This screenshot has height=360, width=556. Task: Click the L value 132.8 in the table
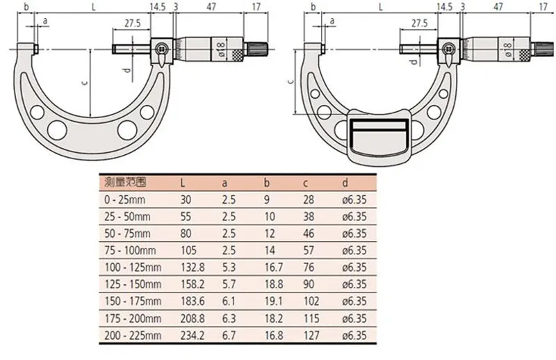tap(193, 267)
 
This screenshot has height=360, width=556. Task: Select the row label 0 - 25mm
tap(125, 199)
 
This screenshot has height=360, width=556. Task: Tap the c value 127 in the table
tap(311, 335)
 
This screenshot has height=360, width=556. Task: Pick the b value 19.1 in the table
tap(273, 301)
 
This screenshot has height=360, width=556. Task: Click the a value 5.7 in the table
tap(229, 284)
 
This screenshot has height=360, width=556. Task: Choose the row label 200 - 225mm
tap(133, 335)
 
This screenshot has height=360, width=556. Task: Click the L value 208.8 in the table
tap(193, 318)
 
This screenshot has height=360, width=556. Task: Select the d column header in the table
tap(345, 183)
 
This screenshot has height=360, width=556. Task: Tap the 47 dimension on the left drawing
tap(211, 7)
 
